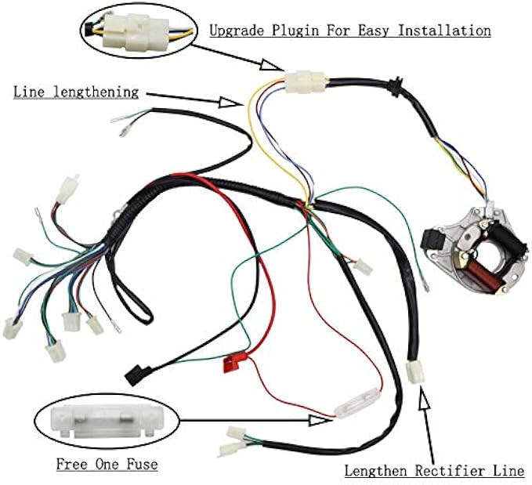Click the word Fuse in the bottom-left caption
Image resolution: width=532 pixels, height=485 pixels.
click(x=141, y=464)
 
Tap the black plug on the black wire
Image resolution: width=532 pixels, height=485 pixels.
click(x=136, y=374)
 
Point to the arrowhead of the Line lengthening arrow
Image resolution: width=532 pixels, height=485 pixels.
click(x=233, y=101)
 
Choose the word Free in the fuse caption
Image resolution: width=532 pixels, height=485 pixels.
click(x=71, y=464)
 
